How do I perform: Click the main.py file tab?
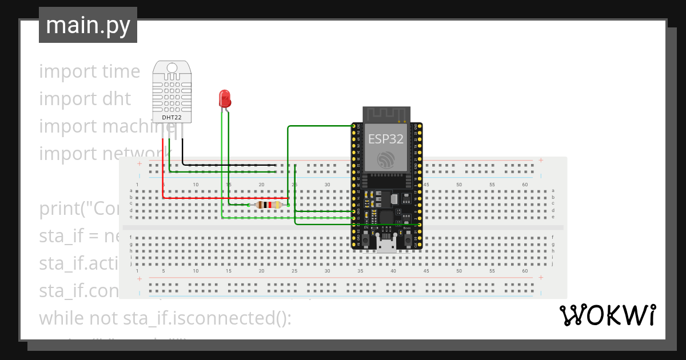coord(87,26)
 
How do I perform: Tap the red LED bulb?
coord(225,98)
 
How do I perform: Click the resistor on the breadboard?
coord(268,205)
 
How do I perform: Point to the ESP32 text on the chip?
coord(385,138)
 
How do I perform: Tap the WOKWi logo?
coord(607,315)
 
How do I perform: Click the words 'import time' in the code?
coord(89,71)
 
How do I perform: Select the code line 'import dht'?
coord(85,99)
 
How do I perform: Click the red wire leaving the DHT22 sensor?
coord(162,171)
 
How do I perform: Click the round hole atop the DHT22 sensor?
coord(171,68)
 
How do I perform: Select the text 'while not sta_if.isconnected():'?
coord(165,318)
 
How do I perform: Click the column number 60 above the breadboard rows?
coord(525,185)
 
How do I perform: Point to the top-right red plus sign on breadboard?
coord(540,160)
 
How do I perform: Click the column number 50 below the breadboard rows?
coord(459,271)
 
